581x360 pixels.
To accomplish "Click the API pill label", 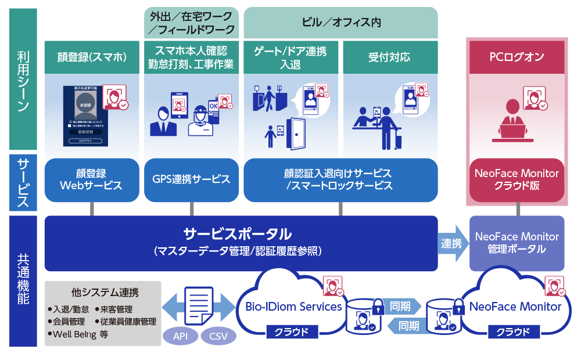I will click(x=180, y=336).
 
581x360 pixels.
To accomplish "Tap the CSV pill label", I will click(x=218, y=336).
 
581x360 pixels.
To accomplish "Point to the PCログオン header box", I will click(x=517, y=57).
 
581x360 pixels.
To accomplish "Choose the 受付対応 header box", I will click(x=389, y=57).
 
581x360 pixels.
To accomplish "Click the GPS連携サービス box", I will click(x=191, y=179).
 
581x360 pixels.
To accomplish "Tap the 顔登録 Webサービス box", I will click(x=91, y=179).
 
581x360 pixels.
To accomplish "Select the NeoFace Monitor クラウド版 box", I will click(x=517, y=179).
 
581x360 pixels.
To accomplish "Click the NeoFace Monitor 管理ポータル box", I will click(x=517, y=243).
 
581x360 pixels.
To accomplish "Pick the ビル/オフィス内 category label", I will click(x=341, y=23).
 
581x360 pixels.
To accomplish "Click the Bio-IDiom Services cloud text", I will click(x=293, y=306).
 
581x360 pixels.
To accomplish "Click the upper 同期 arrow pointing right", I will click(x=404, y=306).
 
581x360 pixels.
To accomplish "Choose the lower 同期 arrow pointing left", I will click(x=404, y=326).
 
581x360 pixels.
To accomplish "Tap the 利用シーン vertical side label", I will click(x=23, y=81).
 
